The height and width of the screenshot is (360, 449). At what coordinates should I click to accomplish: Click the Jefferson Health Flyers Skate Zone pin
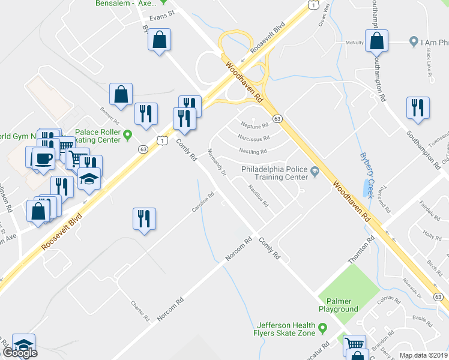point(323,328)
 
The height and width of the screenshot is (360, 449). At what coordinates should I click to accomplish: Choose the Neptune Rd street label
point(254,126)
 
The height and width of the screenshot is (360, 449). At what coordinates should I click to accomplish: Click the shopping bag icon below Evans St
point(158,41)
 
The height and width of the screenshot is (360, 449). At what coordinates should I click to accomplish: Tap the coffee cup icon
point(42,158)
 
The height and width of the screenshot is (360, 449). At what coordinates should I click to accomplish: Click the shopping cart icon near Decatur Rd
point(355,344)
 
